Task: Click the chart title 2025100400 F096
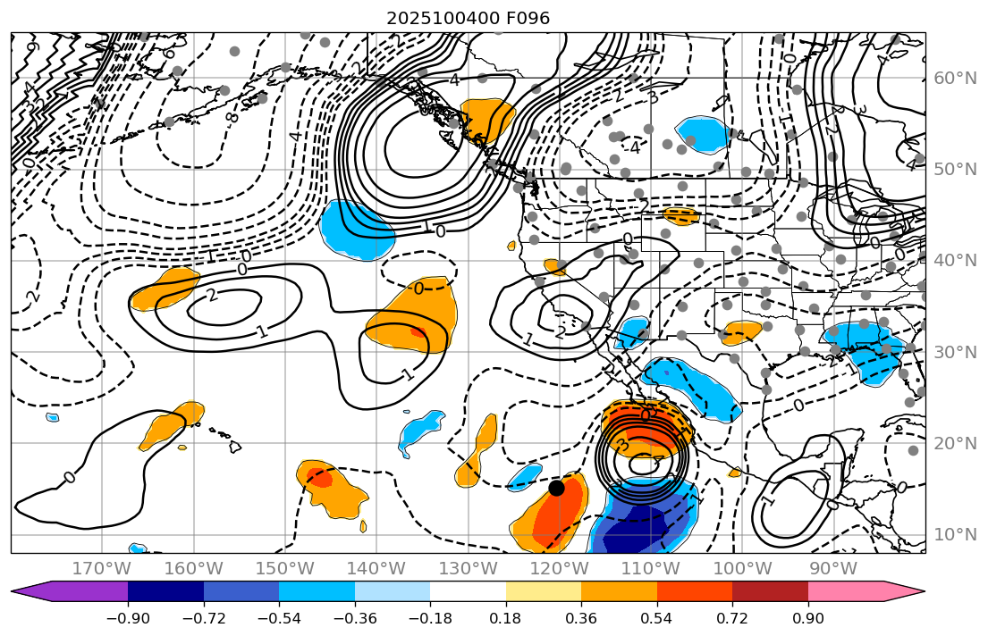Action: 468,18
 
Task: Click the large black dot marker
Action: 556,488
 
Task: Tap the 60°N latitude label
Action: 955,79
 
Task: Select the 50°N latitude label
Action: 955,170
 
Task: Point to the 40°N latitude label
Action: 955,261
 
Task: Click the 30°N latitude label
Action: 955,352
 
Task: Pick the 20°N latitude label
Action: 955,444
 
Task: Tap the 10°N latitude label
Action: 955,535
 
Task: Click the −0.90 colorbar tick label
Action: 128,618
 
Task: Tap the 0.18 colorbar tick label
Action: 505,618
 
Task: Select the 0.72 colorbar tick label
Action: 732,618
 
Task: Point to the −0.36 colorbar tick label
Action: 354,618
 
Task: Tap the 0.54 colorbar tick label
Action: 656,618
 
